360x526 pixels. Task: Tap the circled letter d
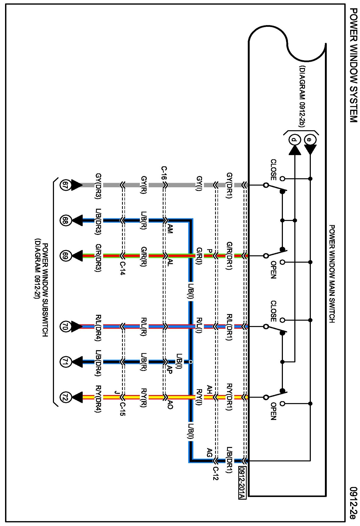click(x=294, y=139)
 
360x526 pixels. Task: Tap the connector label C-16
click(x=164, y=173)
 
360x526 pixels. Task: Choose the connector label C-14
click(x=122, y=268)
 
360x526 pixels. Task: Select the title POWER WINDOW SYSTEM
click(x=353, y=65)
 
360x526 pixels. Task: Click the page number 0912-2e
click(x=353, y=503)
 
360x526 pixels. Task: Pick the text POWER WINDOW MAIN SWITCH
click(x=332, y=274)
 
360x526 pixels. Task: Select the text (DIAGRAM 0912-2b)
click(x=302, y=96)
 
